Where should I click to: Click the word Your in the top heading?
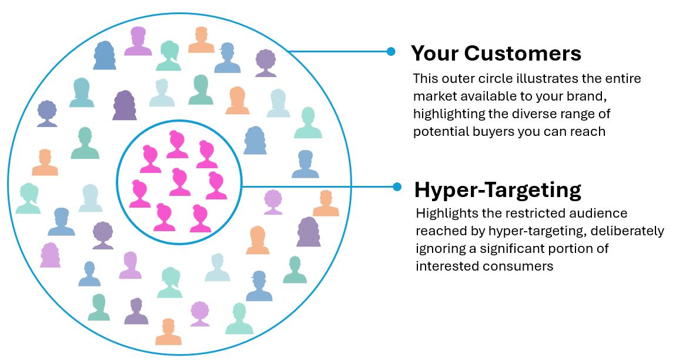coord(435,54)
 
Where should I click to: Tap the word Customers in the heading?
coord(523,54)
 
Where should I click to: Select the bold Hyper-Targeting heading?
coord(498,190)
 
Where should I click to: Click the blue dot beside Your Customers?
coord(391,52)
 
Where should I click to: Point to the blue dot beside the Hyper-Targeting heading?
coord(397,187)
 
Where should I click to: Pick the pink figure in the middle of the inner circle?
coord(179,182)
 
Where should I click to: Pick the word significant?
coord(512,248)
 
